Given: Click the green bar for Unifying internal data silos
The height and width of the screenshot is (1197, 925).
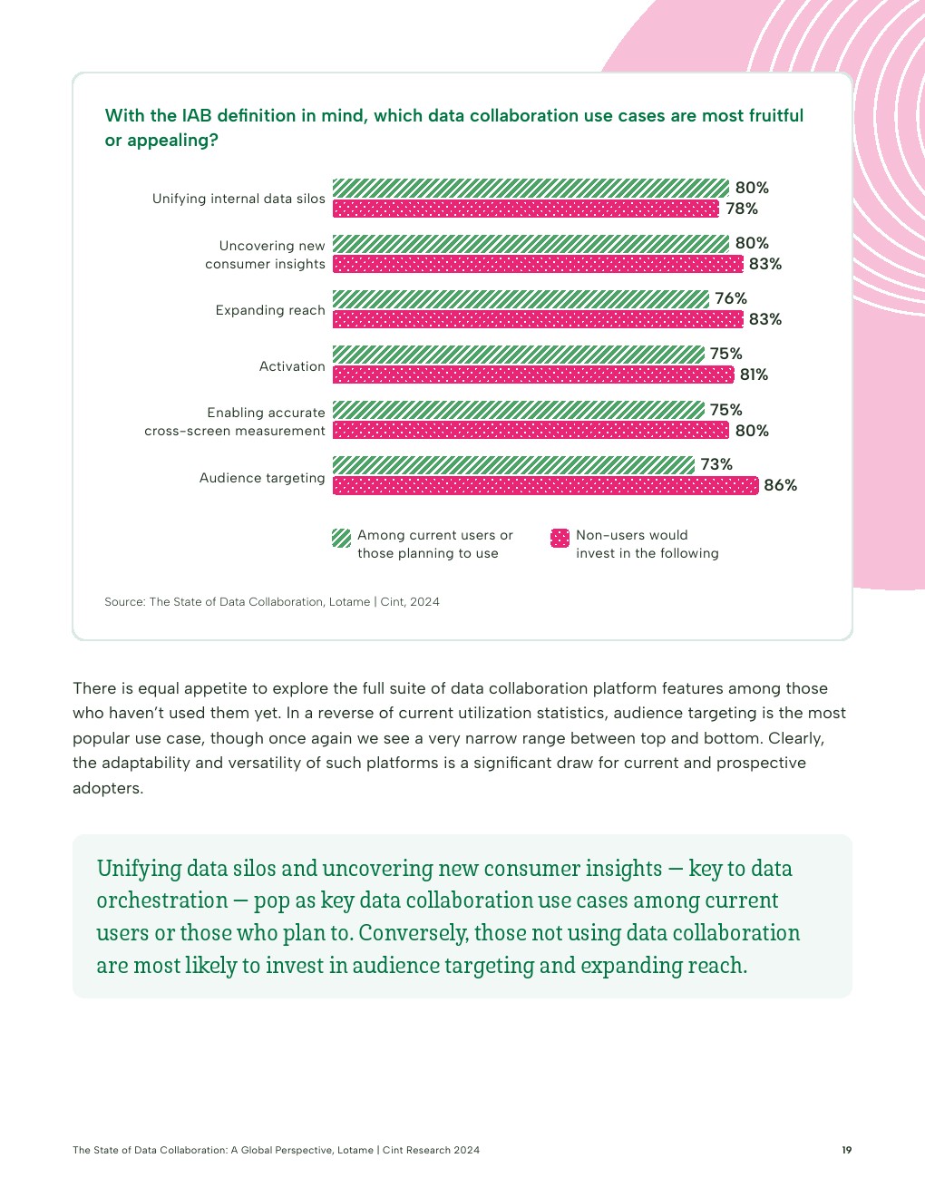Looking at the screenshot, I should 531,188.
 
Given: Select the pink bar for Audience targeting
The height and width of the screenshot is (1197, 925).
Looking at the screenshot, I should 545,485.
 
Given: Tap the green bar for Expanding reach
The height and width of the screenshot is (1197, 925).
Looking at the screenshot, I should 521,299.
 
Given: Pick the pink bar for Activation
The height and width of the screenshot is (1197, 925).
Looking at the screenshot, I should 533,375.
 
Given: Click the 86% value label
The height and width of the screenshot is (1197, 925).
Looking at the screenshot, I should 780,485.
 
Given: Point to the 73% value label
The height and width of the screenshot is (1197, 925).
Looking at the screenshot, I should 716,464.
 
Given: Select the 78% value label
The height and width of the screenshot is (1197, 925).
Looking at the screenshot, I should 742,209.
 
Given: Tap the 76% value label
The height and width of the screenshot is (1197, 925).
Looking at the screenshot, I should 731,298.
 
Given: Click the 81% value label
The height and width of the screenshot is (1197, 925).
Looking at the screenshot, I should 754,375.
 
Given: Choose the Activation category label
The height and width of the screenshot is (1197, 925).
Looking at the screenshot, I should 292,366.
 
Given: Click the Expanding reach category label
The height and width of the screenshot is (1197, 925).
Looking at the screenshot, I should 270,310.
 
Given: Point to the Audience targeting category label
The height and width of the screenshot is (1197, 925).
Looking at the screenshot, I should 262,478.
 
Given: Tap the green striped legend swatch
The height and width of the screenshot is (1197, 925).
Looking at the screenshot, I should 341,538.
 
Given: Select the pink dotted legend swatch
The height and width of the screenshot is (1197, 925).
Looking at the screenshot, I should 560,538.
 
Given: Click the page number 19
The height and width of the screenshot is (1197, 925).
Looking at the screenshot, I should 846,1150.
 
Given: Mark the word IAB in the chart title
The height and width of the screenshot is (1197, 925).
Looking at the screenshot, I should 197,115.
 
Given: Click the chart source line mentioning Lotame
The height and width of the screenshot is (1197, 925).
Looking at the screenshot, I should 272,601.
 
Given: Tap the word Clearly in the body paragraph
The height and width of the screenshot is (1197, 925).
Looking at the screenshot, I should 795,738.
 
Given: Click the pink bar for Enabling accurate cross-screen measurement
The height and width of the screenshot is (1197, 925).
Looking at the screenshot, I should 531,431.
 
